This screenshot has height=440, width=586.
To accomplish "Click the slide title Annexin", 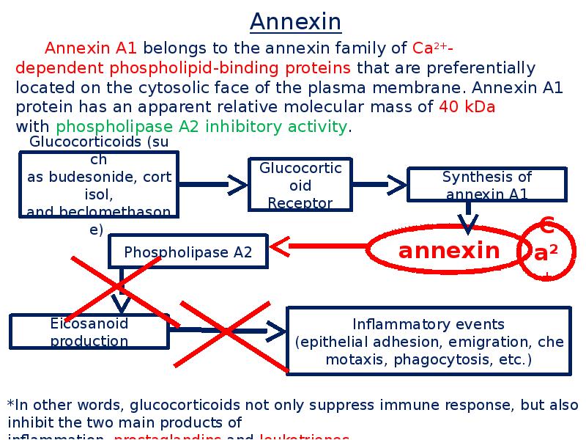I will tap(295, 22).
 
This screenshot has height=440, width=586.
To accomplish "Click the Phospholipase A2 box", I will tap(188, 252).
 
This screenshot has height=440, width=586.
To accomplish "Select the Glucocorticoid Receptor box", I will tap(300, 185).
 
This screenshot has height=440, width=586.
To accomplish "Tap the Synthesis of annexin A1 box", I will tap(486, 186).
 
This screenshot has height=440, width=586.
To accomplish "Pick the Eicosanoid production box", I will tap(89, 332).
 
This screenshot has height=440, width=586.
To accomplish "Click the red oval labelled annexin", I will tap(448, 252).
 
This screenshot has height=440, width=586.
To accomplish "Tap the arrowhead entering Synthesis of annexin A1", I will tap(396, 185).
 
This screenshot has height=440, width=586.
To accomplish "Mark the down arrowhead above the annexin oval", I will tap(467, 224).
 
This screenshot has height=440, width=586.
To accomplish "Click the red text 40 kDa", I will tap(467, 107).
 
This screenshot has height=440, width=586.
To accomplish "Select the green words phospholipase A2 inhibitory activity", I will tap(201, 126).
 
